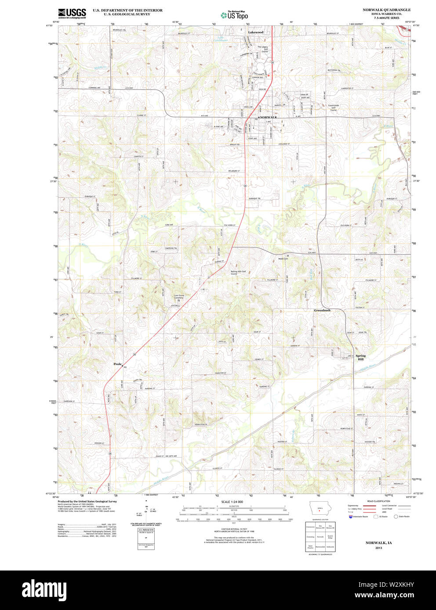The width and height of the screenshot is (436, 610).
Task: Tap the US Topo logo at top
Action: [x=234, y=14]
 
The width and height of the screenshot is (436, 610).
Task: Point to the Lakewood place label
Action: [x=255, y=32]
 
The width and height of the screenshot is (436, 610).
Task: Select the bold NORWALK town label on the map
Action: [x=268, y=118]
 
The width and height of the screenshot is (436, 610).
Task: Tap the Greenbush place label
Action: [x=322, y=310]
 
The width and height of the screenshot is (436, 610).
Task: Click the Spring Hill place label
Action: [x=360, y=357]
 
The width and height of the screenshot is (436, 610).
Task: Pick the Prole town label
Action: [x=117, y=364]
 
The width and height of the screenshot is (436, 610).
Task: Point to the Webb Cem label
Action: [x=283, y=259]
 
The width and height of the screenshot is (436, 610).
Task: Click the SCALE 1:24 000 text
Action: [x=232, y=502]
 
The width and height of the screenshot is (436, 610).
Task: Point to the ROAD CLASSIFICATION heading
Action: [x=379, y=501]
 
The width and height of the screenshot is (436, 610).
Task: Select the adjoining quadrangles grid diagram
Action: [x=321, y=537]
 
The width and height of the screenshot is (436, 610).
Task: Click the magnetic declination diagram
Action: [x=145, y=510]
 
